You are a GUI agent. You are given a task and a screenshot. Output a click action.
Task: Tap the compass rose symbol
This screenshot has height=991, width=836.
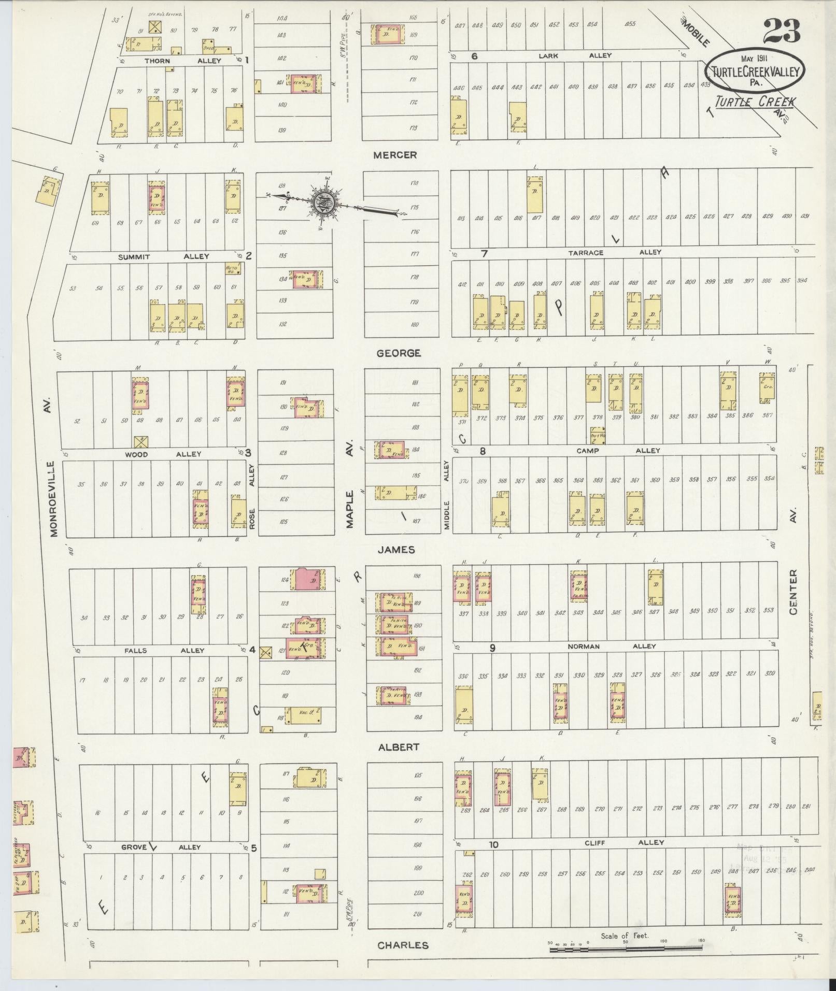pos(321,203)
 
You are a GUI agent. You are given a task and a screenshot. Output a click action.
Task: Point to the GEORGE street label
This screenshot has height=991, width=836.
pos(399,353)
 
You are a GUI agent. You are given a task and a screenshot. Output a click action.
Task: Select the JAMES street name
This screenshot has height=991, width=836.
pos(396,550)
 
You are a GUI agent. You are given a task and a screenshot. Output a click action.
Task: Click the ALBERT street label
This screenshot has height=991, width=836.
pos(398,747)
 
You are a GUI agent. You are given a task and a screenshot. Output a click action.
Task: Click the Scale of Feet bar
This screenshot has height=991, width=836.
pos(625,949)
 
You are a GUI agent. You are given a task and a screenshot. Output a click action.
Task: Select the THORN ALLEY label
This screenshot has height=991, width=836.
pos(182,61)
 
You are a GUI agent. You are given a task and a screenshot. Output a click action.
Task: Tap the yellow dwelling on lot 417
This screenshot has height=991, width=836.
pos(535,194)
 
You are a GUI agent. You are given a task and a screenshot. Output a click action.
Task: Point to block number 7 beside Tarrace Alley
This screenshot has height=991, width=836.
pos(484,253)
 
